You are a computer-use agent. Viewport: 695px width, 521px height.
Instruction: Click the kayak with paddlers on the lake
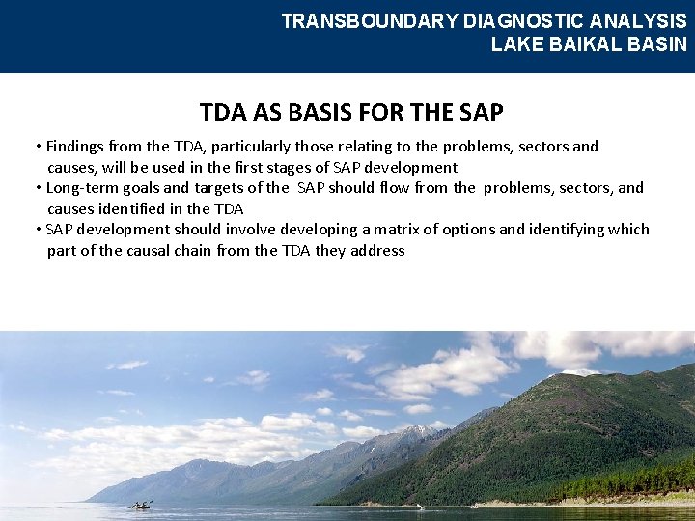tap(142, 505)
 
